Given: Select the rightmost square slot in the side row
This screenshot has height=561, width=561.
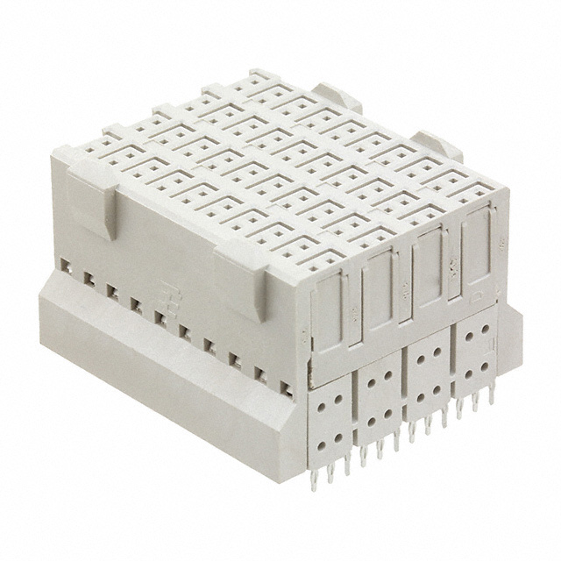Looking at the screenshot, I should click(285, 387).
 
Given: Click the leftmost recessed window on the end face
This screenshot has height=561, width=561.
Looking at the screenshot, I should click(329, 314).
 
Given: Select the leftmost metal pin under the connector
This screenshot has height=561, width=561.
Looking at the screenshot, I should click(314, 479).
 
